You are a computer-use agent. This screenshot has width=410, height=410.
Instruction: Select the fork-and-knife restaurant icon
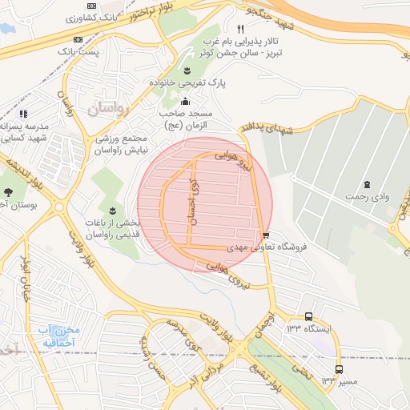tap(240, 29)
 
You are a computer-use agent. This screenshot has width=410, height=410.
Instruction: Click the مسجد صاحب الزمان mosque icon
tap(186, 101)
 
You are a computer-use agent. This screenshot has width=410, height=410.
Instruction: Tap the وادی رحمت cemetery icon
tap(368, 185)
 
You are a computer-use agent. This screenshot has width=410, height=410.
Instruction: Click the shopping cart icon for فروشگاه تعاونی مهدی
tap(265, 235)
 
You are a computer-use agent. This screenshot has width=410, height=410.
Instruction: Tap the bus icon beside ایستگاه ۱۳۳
tap(310, 316)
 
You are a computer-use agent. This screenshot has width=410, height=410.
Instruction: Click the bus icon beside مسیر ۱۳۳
tap(340, 369)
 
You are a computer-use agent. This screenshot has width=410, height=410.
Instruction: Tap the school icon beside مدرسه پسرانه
tap(23, 114)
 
